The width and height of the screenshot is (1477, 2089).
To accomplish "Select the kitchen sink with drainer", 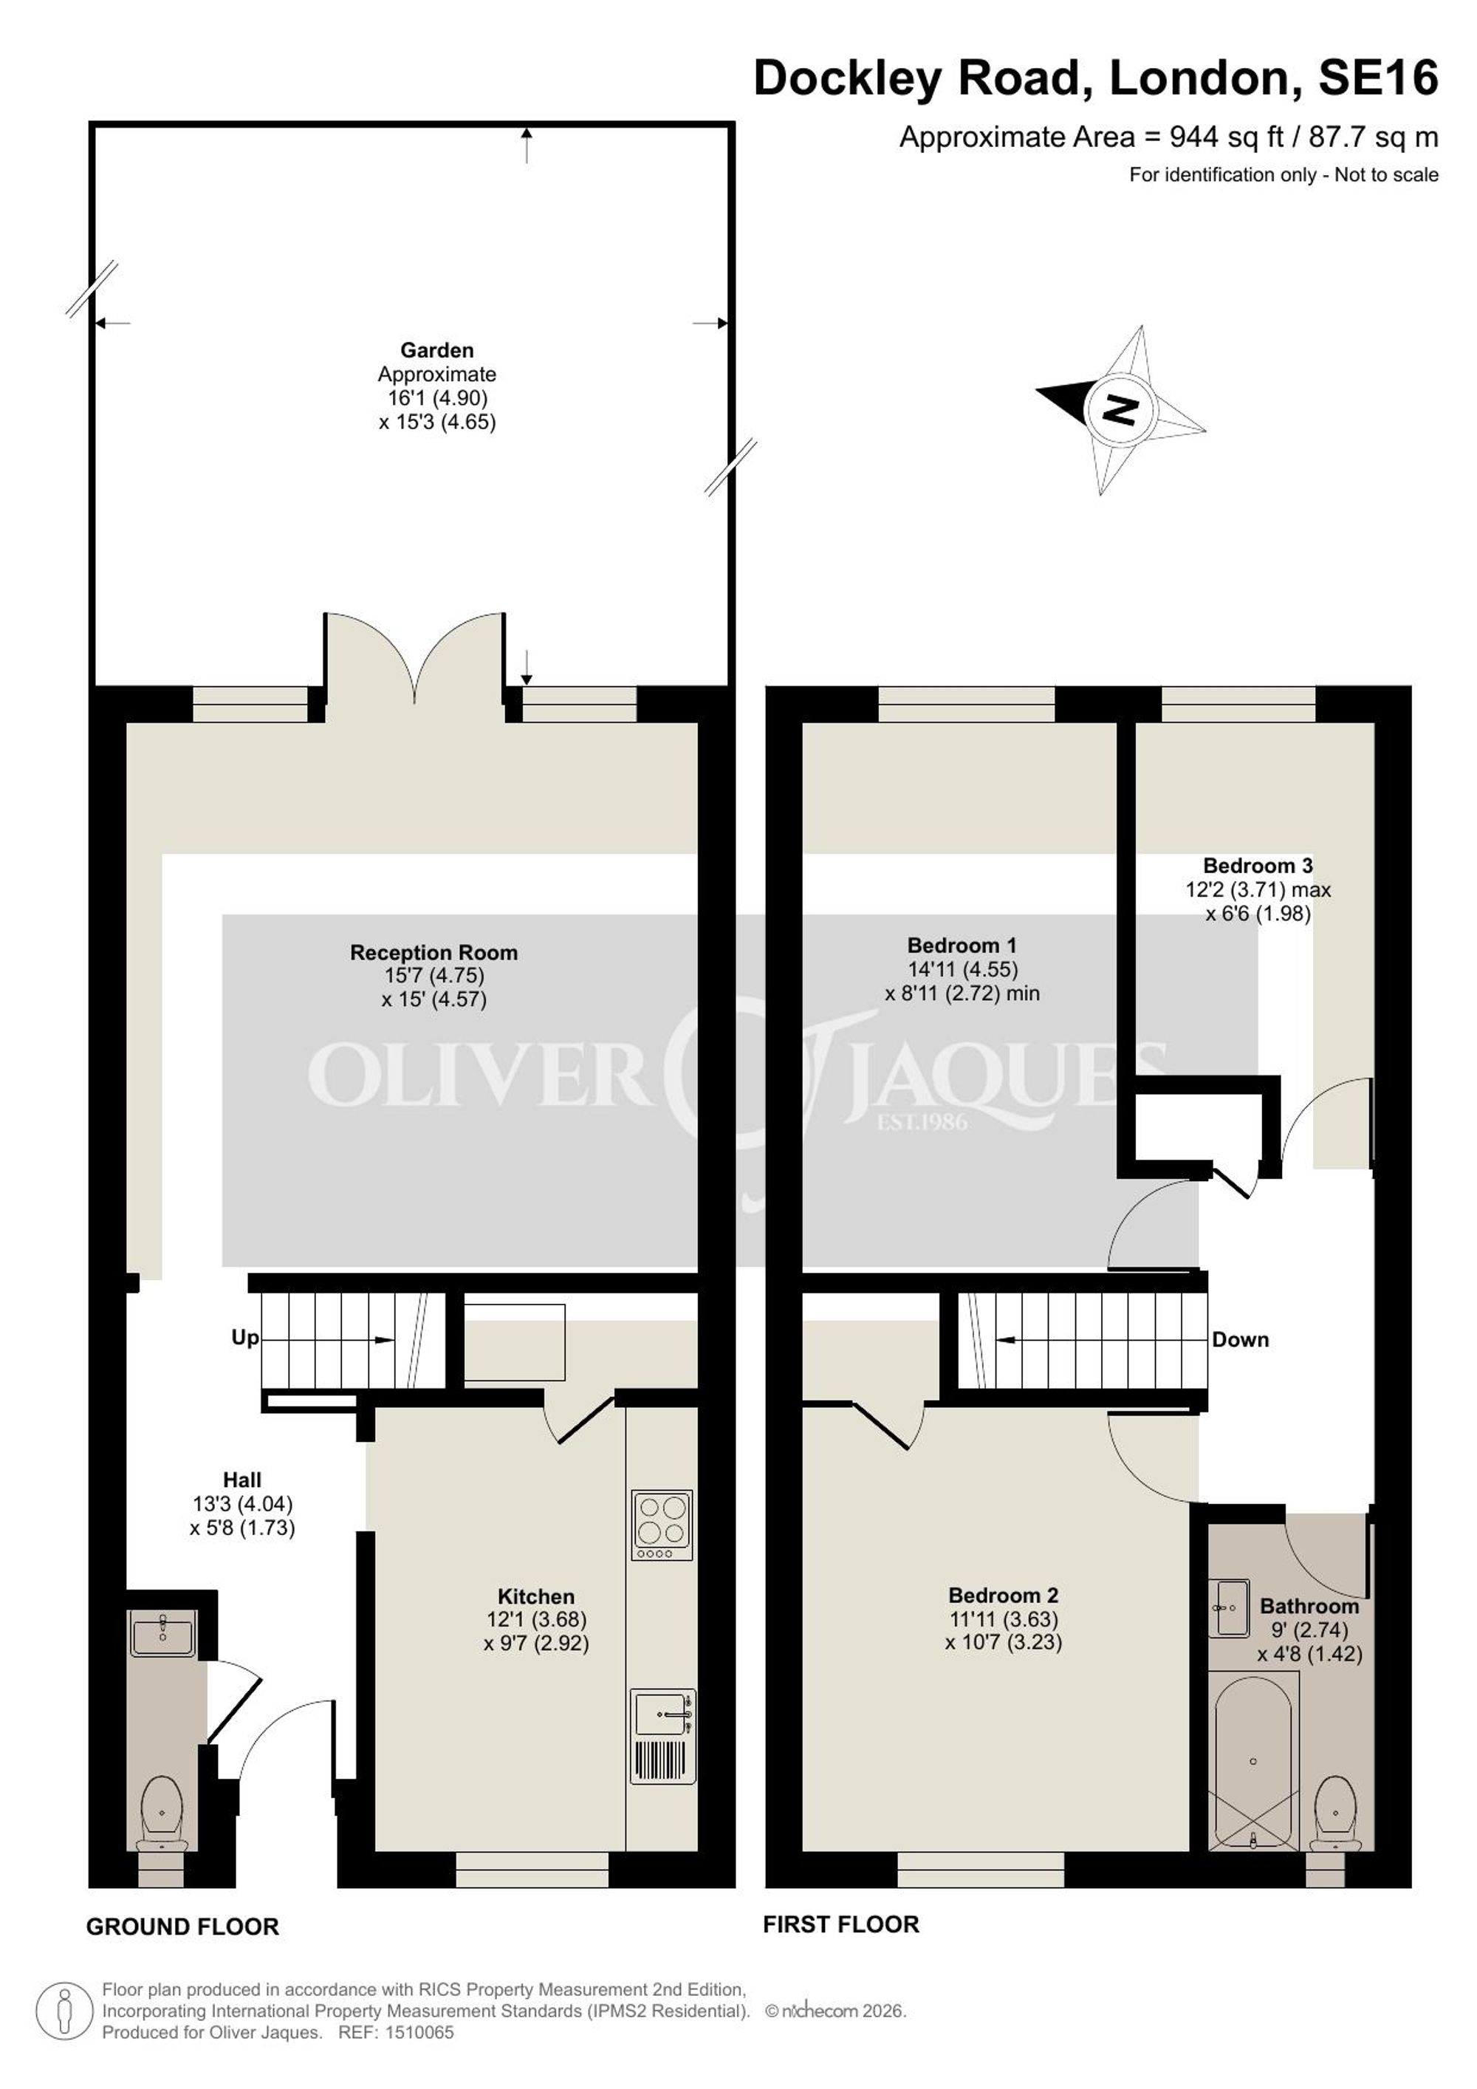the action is pos(663,1736).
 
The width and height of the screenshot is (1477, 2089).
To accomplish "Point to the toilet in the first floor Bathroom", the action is pos(1336,1814).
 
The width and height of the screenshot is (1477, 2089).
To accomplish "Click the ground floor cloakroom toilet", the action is pos(162,1813).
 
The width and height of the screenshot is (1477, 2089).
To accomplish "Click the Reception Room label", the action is pos(433,953).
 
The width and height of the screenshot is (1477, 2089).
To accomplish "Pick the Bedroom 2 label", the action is pos(1003,1595).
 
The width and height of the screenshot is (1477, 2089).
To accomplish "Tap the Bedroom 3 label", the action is pos(1258,865).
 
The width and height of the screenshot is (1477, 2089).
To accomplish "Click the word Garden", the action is pos(437,350).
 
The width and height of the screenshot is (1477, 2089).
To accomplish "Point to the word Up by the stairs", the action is pos(244,1338).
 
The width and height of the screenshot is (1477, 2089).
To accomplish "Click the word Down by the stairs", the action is pos(1241,1339).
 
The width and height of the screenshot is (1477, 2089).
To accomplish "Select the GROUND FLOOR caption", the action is pos(183,1926).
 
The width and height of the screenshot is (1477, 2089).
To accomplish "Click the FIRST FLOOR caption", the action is pos(841,1924).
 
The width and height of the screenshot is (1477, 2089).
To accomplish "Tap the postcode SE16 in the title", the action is pos(1378,78).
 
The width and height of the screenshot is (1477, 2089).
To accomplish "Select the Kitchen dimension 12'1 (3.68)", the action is pos(537,1619).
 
